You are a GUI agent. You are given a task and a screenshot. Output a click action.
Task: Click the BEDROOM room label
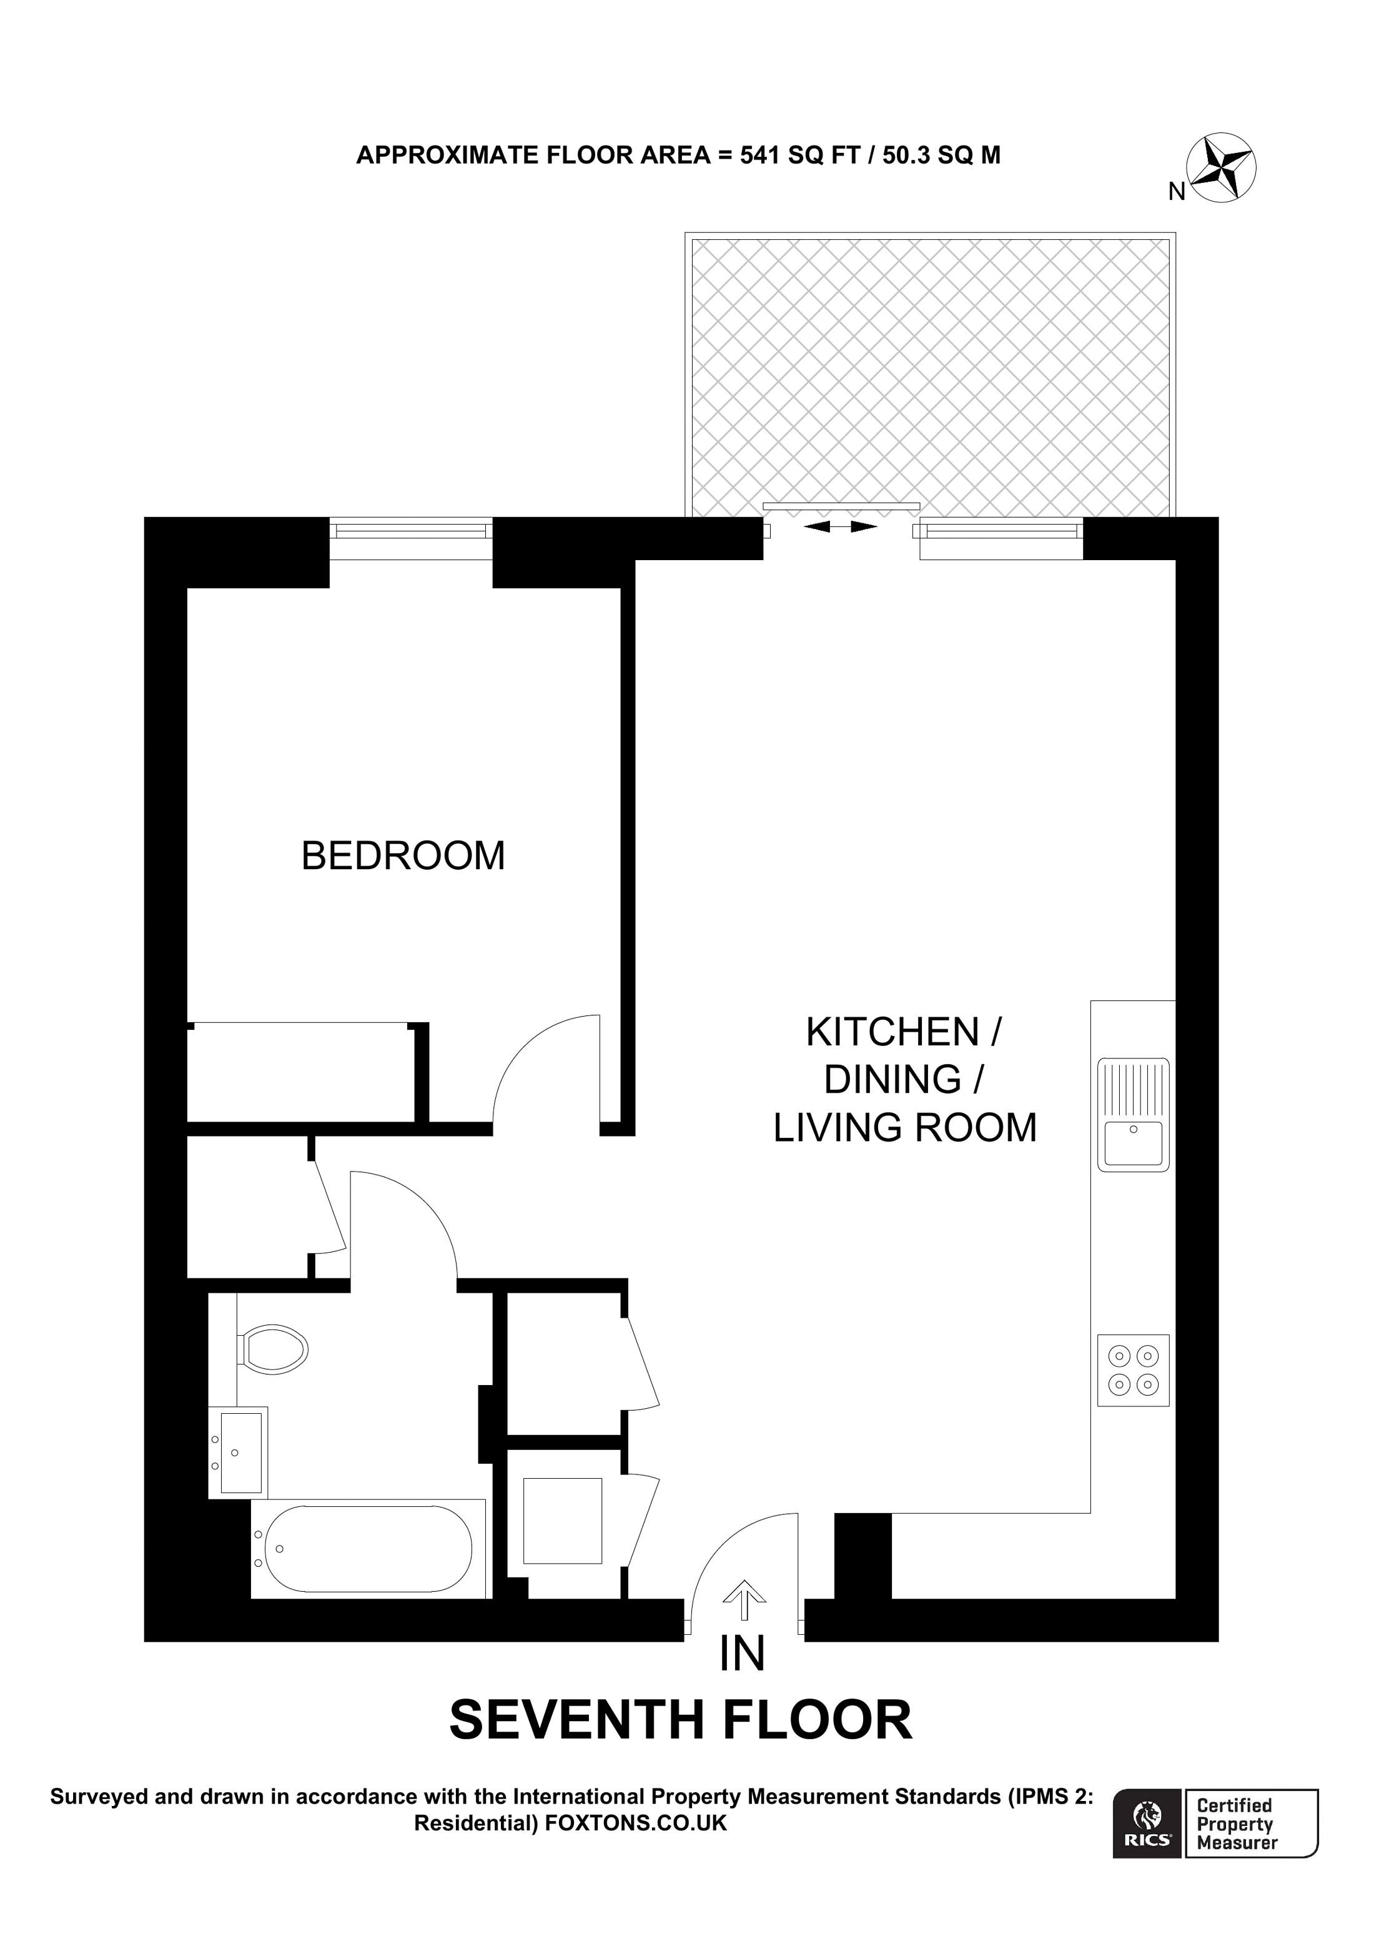click(403, 856)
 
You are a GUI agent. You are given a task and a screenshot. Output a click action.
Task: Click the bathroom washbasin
click(240, 1451)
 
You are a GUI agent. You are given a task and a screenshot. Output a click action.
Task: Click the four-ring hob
click(1133, 1371)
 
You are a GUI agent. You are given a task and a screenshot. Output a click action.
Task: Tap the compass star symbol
click(1221, 167)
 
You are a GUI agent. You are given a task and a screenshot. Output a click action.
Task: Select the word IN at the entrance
click(743, 1654)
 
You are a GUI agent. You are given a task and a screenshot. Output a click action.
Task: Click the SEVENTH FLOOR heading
click(681, 1720)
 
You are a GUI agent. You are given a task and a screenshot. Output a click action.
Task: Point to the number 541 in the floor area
click(759, 155)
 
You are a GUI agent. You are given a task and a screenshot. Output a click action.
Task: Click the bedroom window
click(410, 531)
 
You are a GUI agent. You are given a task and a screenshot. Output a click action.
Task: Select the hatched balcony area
click(931, 373)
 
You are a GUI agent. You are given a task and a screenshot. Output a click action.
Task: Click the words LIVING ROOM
click(904, 1128)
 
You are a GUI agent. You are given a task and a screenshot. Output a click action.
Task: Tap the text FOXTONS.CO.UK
click(636, 1823)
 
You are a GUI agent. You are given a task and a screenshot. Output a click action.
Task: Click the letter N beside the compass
click(1176, 192)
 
